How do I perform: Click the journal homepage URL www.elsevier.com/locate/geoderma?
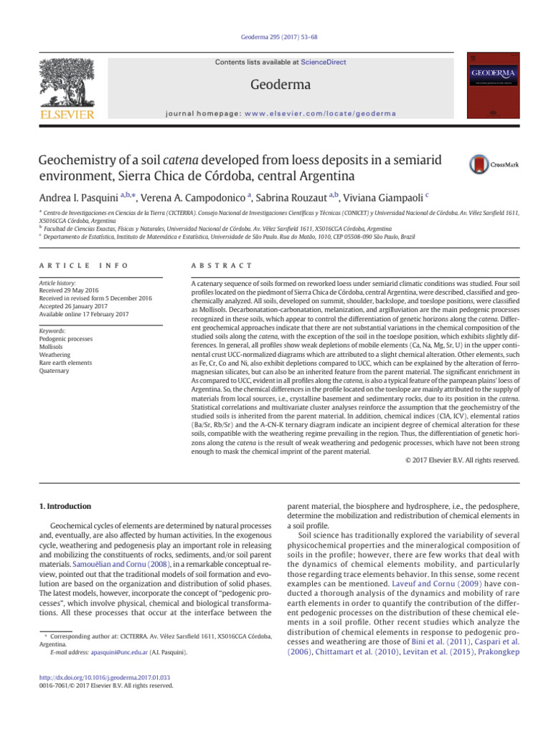point(336,113)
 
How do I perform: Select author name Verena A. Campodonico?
point(194,196)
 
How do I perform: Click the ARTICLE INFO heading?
point(84,265)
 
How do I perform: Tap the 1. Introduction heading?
point(64,506)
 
